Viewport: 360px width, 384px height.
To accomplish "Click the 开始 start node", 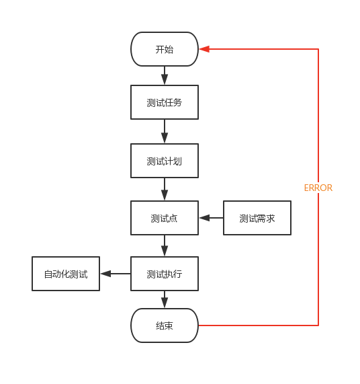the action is [x=165, y=49].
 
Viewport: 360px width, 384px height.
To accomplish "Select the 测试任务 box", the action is [x=165, y=102].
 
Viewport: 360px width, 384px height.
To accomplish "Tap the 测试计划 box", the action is [x=165, y=161].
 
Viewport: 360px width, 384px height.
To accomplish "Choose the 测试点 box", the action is [x=165, y=218].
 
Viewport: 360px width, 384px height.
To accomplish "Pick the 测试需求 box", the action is [x=257, y=218].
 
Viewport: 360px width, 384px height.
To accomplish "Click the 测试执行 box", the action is [x=165, y=274].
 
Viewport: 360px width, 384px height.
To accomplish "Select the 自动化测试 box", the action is [x=66, y=274].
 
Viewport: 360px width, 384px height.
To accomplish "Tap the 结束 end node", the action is [x=165, y=325].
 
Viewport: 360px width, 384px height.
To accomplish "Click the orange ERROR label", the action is [x=318, y=188].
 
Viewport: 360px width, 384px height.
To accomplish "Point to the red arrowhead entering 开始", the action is [x=204, y=49].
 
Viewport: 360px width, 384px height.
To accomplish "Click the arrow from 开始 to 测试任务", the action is [x=165, y=75].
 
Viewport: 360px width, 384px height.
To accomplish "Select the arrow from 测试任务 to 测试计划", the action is [x=165, y=131].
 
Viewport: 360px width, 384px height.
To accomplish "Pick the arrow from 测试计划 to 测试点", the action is [x=165, y=189].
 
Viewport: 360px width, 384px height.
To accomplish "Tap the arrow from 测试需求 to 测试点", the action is [x=211, y=218].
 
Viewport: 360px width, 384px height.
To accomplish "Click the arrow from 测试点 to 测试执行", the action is [x=165, y=245].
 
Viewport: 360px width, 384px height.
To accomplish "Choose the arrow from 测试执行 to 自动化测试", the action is [x=116, y=274].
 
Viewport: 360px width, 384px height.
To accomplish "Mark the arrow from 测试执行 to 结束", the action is [x=165, y=299].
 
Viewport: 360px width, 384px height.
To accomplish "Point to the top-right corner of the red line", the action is [x=318, y=49].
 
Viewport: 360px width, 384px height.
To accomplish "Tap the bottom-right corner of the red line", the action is [x=318, y=325].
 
